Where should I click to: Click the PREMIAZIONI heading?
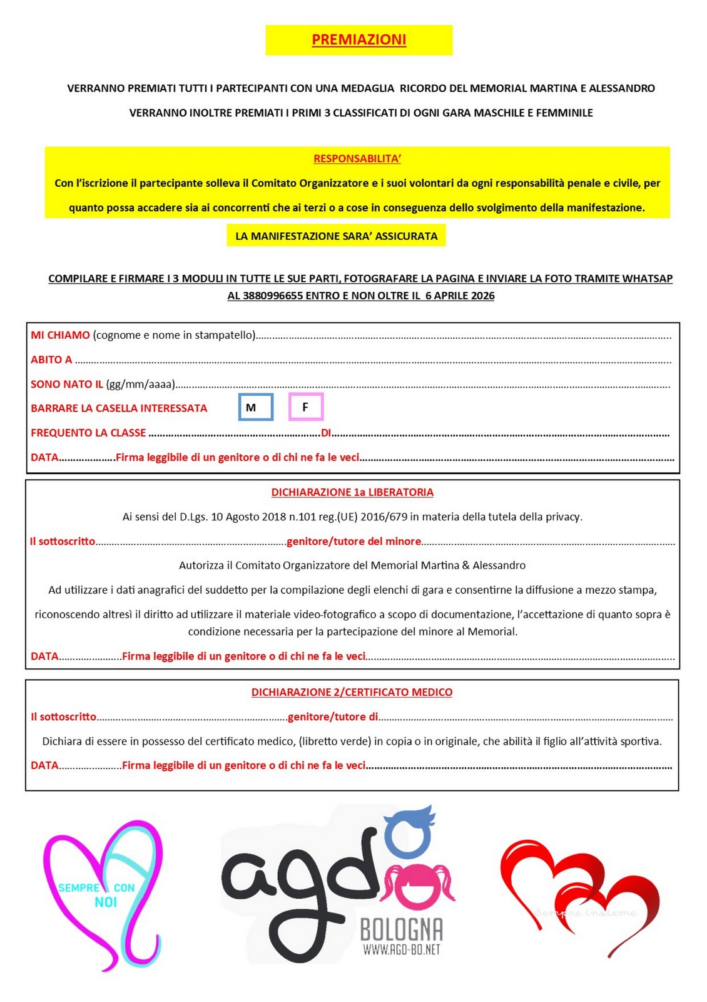pos(359,39)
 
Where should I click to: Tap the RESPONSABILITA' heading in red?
pos(357,158)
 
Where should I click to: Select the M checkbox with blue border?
pos(255,407)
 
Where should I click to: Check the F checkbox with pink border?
pos(305,407)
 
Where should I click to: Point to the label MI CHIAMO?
pos(60,335)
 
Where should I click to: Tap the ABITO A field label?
pos(51,359)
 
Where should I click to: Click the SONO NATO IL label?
pos(67,384)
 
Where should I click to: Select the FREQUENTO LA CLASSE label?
pos(88,433)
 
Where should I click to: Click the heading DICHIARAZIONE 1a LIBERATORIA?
pos(352,492)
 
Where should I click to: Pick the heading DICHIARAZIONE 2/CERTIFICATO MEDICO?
pos(352,692)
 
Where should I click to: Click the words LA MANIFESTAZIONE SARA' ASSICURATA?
pos(336,236)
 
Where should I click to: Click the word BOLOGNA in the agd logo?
pos(401,929)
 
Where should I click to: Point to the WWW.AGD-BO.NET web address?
pos(401,949)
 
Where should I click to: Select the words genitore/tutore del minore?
pos(353,541)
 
